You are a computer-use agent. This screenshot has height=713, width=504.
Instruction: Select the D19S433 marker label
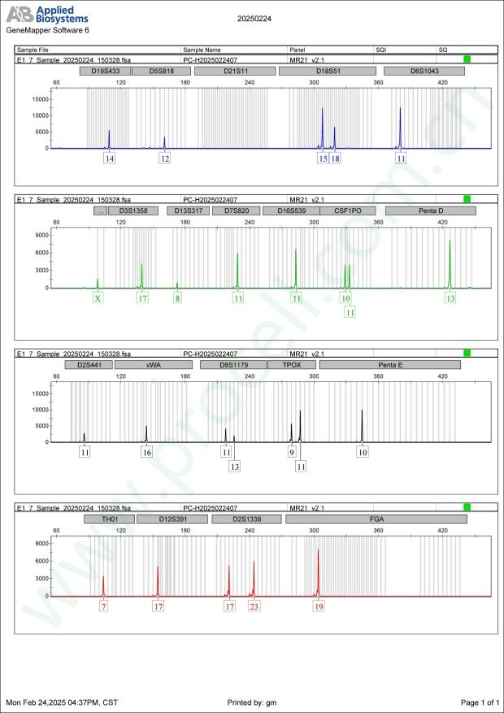tap(104, 72)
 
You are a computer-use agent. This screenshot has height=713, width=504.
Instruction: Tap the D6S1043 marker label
tap(424, 72)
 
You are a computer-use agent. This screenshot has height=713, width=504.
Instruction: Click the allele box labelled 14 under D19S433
tap(109, 159)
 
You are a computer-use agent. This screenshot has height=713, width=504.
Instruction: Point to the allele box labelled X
tap(98, 298)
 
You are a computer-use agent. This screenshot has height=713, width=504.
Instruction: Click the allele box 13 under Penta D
tap(450, 298)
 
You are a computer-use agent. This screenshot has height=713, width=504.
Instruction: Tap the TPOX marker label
tap(291, 365)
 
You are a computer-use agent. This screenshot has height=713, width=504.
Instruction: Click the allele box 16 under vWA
tap(146, 452)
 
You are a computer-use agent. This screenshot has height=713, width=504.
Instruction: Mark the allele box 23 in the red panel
tap(254, 606)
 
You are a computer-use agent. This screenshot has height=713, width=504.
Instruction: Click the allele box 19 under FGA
tap(319, 606)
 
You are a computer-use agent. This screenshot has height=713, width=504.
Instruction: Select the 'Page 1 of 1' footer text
tap(479, 702)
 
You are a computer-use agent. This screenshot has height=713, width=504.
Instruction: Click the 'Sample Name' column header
tap(202, 50)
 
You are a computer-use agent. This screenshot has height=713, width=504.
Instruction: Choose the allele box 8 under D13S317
tap(177, 298)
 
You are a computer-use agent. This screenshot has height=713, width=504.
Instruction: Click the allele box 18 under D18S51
tap(335, 159)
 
